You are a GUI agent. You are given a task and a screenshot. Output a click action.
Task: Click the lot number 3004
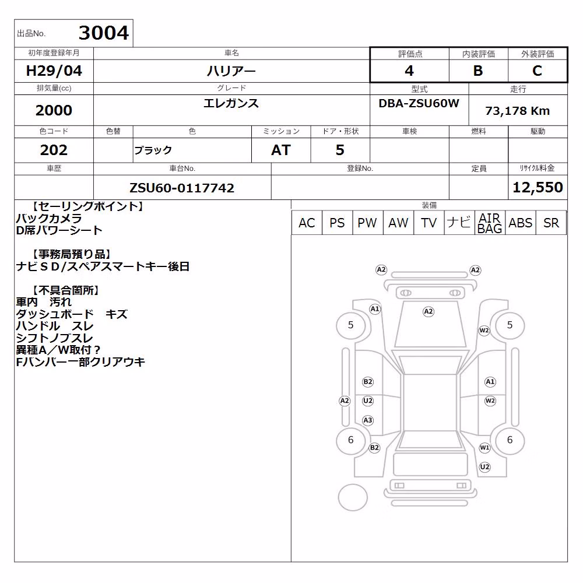[x=104, y=33]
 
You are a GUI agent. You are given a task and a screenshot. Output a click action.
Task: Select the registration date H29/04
[x=54, y=71]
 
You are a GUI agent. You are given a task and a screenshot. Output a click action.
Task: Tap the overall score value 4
[x=409, y=71]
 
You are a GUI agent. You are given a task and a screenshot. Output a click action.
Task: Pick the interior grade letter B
[x=478, y=71]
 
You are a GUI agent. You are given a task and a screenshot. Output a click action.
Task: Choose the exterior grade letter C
[x=538, y=71]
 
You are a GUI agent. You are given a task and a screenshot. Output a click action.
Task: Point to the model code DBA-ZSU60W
[x=419, y=103]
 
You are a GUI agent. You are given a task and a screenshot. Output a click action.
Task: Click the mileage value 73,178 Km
[x=517, y=111]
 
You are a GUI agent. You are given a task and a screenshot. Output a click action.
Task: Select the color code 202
[x=54, y=150]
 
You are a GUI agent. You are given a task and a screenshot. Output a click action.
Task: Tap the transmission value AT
[x=281, y=150]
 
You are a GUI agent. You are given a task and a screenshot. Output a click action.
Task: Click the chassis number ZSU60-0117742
[x=182, y=188]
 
